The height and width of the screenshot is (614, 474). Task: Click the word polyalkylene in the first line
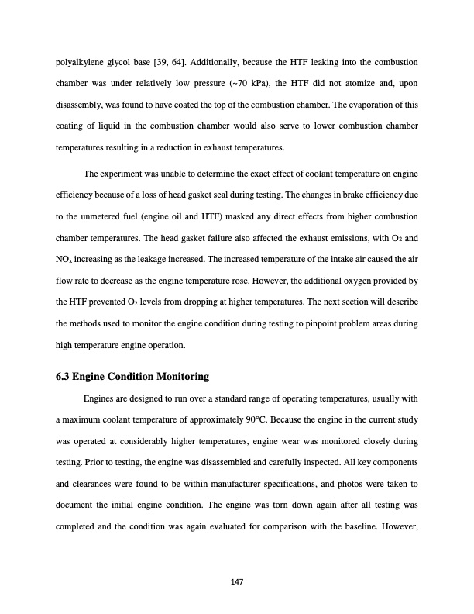79,39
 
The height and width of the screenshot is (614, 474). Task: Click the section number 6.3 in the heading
64,377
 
